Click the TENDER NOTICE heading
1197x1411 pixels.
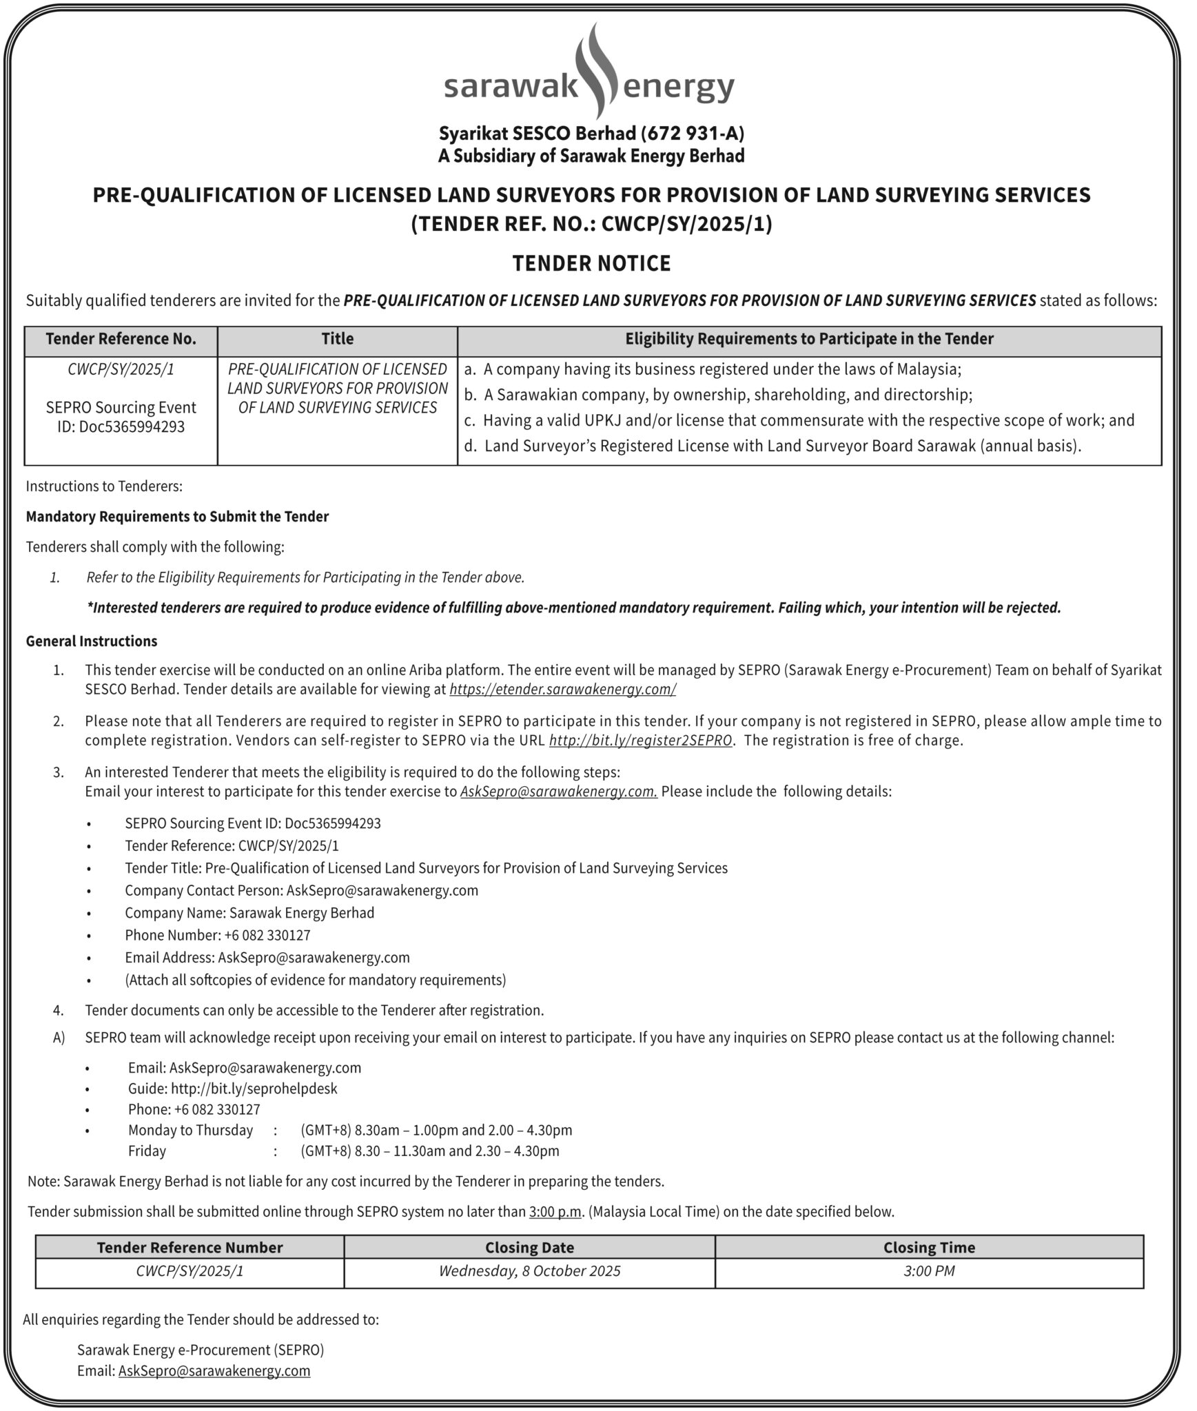click(591, 263)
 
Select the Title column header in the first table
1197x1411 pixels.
click(337, 339)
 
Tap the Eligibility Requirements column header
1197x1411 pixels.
click(809, 339)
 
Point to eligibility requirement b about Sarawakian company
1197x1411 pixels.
click(728, 395)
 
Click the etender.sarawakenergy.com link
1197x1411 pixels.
click(562, 690)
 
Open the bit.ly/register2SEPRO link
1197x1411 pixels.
click(640, 741)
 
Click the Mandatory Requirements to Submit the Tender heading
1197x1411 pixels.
click(177, 517)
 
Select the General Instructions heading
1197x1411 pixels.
click(92, 641)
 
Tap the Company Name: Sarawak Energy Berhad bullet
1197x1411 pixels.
click(249, 913)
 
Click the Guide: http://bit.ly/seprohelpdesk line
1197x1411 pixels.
click(232, 1089)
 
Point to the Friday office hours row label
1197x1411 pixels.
click(147, 1151)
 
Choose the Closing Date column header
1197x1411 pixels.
click(529, 1248)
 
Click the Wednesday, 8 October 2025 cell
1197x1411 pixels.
click(529, 1271)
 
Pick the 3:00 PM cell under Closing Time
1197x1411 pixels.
click(929, 1271)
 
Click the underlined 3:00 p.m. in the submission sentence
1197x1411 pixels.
click(555, 1212)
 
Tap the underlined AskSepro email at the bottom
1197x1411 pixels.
click(214, 1371)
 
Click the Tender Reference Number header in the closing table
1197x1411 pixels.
click(190, 1248)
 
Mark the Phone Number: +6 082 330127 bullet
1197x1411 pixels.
click(217, 936)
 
